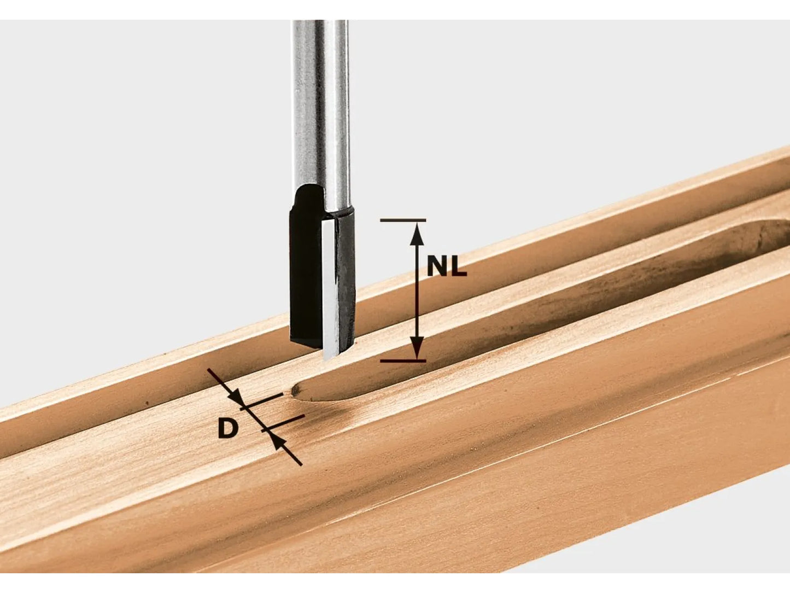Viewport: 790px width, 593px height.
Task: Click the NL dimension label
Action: coord(446,267)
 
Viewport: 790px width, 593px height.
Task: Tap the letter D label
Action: coord(228,428)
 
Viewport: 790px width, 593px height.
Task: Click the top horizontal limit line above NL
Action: coord(402,220)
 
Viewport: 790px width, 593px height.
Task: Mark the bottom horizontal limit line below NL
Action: coord(402,361)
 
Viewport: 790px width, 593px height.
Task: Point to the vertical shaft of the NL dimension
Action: coord(417,290)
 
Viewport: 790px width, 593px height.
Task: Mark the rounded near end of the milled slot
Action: coord(299,390)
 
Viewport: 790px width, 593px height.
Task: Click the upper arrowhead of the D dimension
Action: coord(236,398)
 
